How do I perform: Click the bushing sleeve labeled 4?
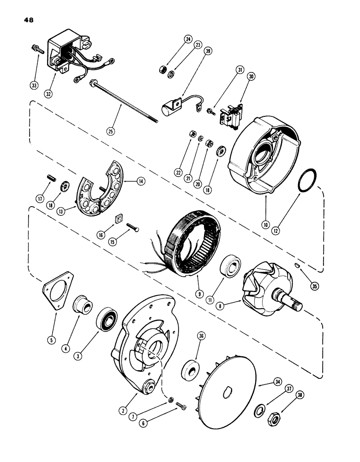[x=84, y=305]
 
